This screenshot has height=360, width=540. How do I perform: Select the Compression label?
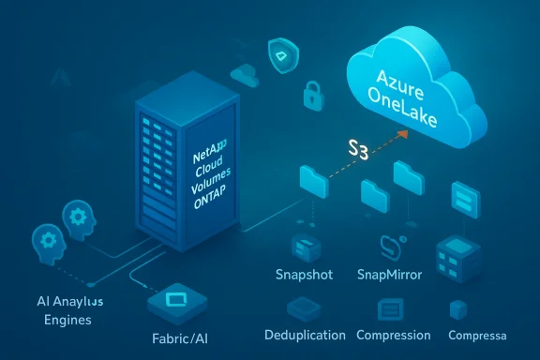[395, 336]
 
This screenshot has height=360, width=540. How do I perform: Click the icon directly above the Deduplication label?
[305, 309]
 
